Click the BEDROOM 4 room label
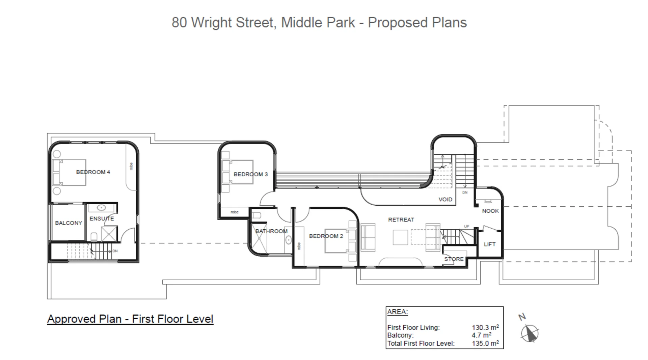click(x=93, y=172)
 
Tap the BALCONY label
click(x=69, y=223)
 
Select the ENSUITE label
click(x=102, y=218)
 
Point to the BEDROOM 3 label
click(x=250, y=174)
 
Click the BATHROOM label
click(x=271, y=231)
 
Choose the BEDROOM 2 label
click(x=326, y=236)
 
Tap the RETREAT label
click(x=401, y=220)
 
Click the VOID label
click(x=445, y=200)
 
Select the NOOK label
click(x=490, y=211)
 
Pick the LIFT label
click(x=489, y=244)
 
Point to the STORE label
click(x=454, y=259)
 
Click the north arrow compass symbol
click(x=530, y=333)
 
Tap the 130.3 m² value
click(x=485, y=328)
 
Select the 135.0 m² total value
click(x=485, y=343)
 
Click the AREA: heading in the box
click(x=397, y=312)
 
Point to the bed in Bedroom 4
click(x=70, y=172)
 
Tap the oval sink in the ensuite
click(x=101, y=208)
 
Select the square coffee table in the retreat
click(x=400, y=237)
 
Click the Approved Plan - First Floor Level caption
click(x=130, y=319)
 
